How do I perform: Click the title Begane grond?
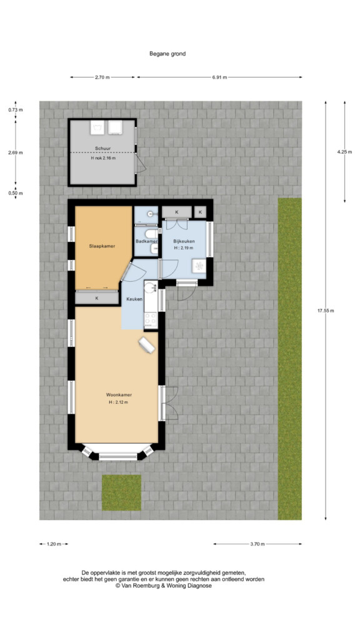coord(167,54)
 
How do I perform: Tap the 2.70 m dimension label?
coord(102,77)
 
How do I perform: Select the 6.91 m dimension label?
coord(219,77)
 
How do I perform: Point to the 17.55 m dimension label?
coord(326,311)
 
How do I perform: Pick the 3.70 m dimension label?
coord(257,544)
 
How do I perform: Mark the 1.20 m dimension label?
coord(54,544)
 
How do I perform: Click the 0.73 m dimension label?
coord(16,109)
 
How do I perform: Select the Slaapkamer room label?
coord(102,246)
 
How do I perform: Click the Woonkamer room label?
coord(119,395)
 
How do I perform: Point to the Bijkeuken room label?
coord(183,241)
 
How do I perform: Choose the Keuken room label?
coord(134,299)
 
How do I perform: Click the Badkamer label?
coord(146,241)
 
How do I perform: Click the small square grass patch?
coord(121,492)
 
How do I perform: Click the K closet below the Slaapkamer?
coord(97,298)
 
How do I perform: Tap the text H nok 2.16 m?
coord(103,158)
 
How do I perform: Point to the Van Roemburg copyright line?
coord(163,586)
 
